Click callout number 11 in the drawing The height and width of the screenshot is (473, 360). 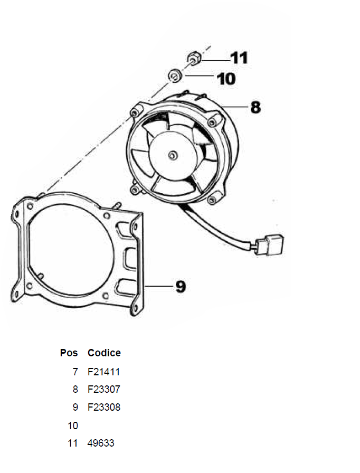(x=239, y=58)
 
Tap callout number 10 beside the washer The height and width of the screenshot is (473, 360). (x=226, y=79)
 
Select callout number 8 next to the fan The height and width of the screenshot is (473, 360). (x=255, y=107)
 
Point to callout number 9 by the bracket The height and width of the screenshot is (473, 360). (x=181, y=286)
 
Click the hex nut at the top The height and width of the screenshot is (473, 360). (x=194, y=58)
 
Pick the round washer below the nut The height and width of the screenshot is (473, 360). (x=175, y=75)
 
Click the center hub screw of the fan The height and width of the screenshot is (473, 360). (x=173, y=155)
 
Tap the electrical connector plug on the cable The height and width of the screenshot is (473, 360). (x=270, y=244)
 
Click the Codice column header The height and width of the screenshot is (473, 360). (x=104, y=353)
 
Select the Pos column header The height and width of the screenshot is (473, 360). (x=69, y=353)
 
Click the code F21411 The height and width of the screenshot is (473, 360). (x=103, y=372)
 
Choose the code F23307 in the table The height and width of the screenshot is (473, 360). (x=103, y=389)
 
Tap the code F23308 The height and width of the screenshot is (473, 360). (x=103, y=407)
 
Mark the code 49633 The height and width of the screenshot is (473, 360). (x=101, y=443)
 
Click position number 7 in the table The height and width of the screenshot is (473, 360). (x=75, y=372)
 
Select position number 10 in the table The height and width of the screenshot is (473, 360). (x=73, y=425)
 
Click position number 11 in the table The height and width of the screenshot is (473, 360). (x=73, y=443)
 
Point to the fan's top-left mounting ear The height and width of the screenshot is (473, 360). (x=136, y=111)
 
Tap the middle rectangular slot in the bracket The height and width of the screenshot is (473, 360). (x=130, y=259)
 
